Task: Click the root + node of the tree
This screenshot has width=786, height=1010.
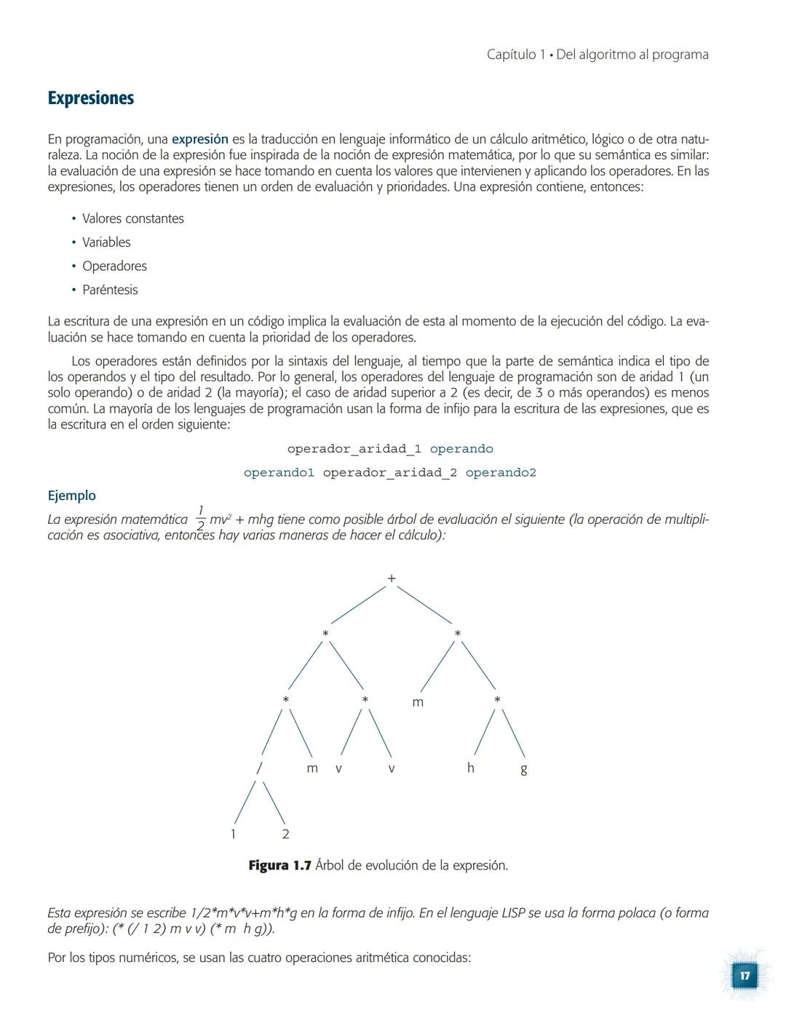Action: (x=392, y=578)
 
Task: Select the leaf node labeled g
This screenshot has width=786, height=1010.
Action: (x=523, y=769)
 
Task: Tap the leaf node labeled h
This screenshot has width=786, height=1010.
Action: (x=471, y=768)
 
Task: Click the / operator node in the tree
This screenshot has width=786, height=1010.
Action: (x=259, y=768)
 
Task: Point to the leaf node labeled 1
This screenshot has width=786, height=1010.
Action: (x=233, y=834)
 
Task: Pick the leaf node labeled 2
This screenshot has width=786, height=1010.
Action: (x=285, y=834)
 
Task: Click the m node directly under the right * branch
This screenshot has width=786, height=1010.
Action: (x=418, y=702)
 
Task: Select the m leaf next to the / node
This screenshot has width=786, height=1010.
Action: (x=312, y=768)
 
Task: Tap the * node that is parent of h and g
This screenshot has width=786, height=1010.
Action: (x=497, y=700)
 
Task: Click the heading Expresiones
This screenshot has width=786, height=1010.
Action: (x=91, y=98)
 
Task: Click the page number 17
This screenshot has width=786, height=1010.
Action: (x=745, y=976)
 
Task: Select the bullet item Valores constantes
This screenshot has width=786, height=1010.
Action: (x=132, y=218)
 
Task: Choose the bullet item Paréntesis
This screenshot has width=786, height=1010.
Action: (x=110, y=290)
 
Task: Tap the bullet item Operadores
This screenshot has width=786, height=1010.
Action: (x=114, y=266)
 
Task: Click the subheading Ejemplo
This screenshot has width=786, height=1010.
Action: (x=71, y=496)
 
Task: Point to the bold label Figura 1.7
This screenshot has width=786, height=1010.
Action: (x=279, y=865)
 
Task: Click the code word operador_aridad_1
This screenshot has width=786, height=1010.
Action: (x=354, y=449)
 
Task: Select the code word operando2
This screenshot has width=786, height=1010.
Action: (x=501, y=473)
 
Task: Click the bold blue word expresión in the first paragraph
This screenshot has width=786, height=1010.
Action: (x=199, y=139)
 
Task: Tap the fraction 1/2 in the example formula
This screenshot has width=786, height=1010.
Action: (x=201, y=519)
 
